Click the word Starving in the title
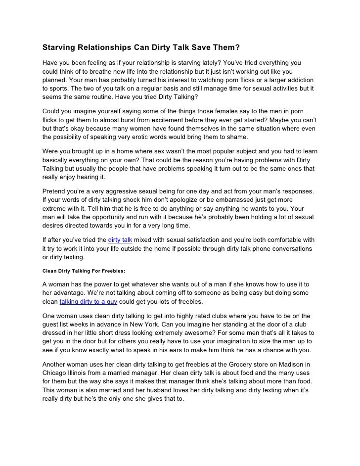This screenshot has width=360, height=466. pyautogui.click(x=59, y=48)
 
